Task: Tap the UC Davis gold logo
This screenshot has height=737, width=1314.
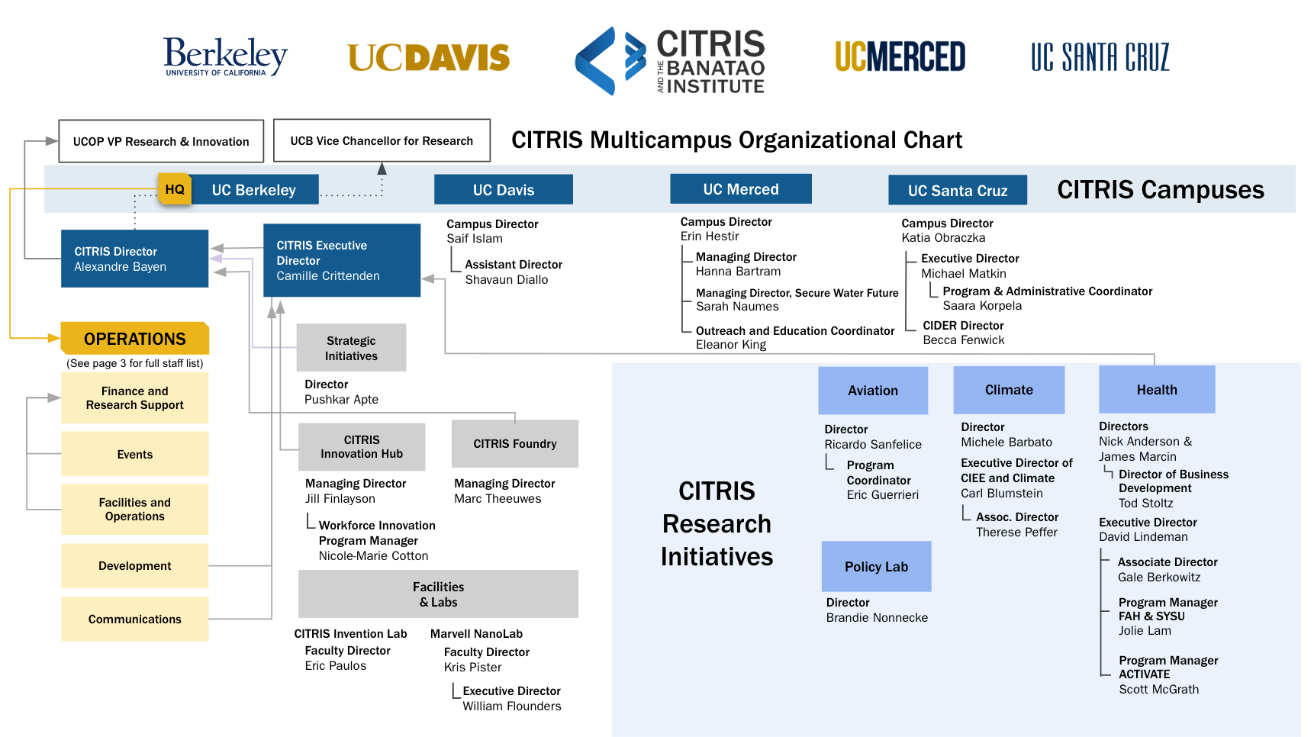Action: [428, 58]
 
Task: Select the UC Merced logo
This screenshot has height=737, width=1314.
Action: [900, 57]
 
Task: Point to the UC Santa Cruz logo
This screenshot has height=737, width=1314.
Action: [1100, 57]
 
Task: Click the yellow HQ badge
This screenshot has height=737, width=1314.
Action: [175, 189]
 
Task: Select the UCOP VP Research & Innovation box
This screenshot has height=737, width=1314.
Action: [161, 141]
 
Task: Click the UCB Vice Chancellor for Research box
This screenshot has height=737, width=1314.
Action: [382, 140]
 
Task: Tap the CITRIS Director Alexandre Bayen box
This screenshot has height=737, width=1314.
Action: [134, 259]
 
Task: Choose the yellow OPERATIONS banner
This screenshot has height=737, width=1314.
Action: [134, 339]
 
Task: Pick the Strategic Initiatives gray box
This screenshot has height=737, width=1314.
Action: [351, 348]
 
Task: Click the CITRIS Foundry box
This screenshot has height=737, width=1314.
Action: [514, 443]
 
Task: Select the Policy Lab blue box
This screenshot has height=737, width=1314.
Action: [876, 566]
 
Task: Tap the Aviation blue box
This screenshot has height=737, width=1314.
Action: [873, 390]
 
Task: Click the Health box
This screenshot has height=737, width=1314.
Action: [1156, 389]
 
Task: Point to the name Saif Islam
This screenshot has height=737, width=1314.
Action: [475, 239]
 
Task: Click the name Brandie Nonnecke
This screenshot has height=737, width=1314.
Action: [877, 617]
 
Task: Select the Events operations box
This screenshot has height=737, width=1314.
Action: [134, 454]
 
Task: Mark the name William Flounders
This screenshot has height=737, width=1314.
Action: [511, 706]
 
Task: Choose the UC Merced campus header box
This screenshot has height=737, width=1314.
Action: [740, 189]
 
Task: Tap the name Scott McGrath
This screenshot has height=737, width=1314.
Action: [1158, 689]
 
